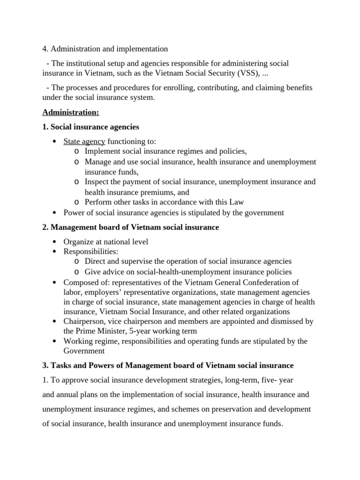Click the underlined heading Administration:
click(x=71, y=112)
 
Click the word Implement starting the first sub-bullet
click(x=102, y=151)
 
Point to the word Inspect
click(x=97, y=182)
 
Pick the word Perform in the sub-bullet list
click(x=98, y=202)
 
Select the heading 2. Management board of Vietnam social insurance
click(x=130, y=227)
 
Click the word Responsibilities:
click(x=91, y=252)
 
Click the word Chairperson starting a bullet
click(x=83, y=321)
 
